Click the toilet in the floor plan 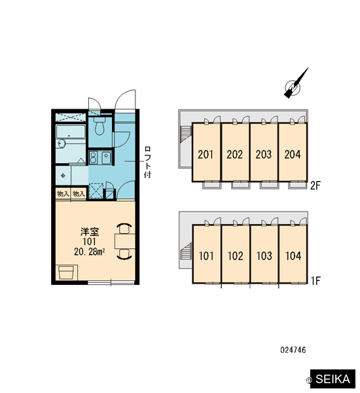[100, 125]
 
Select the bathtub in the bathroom [71, 132]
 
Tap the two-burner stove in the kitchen [93, 158]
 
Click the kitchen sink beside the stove [106, 158]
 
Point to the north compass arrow [296, 83]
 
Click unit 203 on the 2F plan [264, 155]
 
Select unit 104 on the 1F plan [293, 256]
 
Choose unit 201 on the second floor [206, 155]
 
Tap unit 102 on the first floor [235, 256]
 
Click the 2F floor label [315, 185]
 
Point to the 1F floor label [315, 281]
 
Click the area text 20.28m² [90, 252]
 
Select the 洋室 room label [90, 232]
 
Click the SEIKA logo [333, 379]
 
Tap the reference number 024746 [293, 350]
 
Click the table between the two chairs [125, 241]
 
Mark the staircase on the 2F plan [185, 134]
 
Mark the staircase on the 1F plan [185, 251]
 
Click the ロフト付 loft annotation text [147, 162]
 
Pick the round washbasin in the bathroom [62, 143]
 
